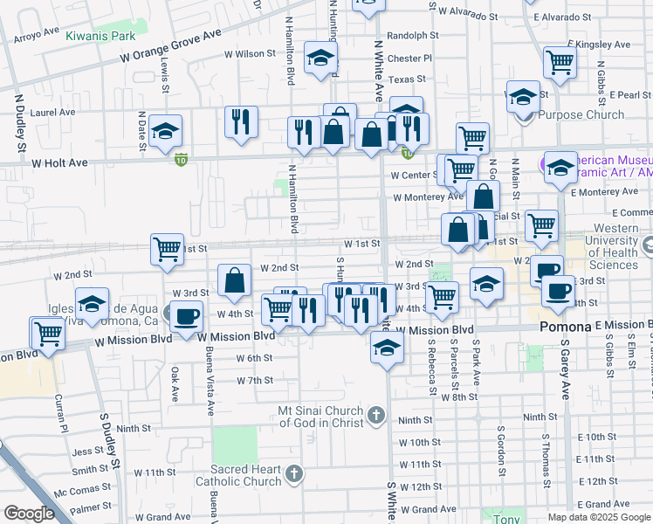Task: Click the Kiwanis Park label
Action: tap(100, 36)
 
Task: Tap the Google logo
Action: tap(29, 514)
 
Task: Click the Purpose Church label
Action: tap(581, 114)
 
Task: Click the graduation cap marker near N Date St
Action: tap(165, 131)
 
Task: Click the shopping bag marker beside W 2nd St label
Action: tap(234, 281)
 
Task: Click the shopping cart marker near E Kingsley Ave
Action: tap(560, 61)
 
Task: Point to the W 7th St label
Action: tap(255, 381)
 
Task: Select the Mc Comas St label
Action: tap(75, 491)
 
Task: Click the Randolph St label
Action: tap(412, 36)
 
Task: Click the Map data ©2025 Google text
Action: tap(599, 517)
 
